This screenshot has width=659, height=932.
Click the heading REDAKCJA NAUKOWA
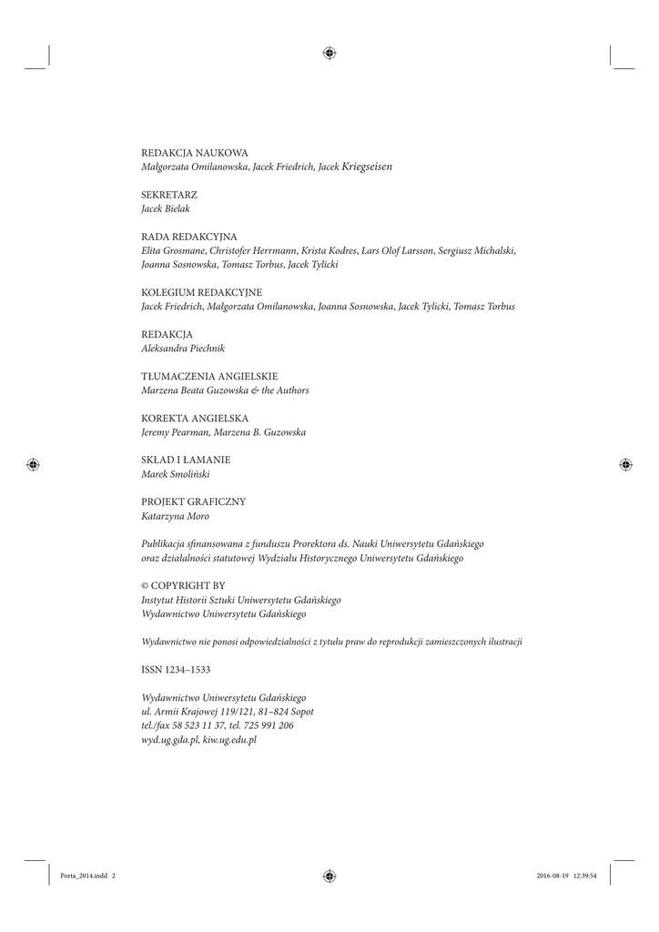(x=195, y=153)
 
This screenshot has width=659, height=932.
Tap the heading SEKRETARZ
(x=169, y=195)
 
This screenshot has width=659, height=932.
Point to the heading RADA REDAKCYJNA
(x=189, y=237)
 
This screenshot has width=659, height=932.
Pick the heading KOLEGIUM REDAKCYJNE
(x=202, y=293)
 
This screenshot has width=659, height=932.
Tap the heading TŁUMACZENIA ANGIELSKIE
(x=209, y=377)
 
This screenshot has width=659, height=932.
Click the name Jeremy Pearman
(x=174, y=433)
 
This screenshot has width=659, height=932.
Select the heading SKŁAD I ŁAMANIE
(x=186, y=461)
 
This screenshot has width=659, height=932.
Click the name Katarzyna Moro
(x=176, y=517)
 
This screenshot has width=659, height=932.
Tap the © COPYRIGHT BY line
(x=184, y=586)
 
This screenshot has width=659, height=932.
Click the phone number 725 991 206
(x=269, y=726)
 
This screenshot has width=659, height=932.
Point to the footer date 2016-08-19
(x=544, y=876)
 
